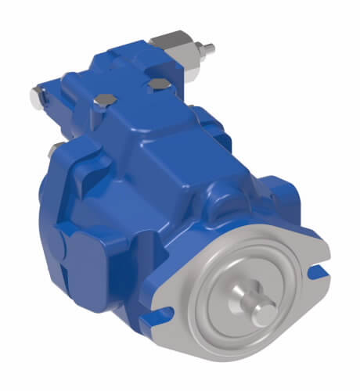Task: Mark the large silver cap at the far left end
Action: point(37,97)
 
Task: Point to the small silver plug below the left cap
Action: point(51,149)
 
